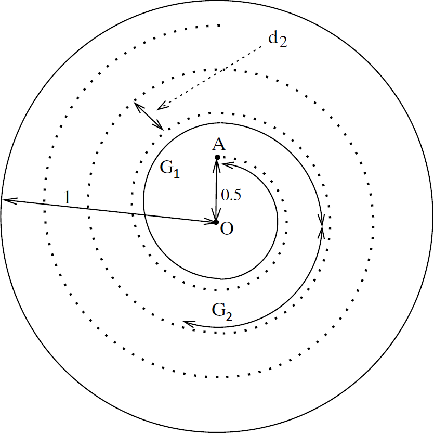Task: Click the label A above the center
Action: pyautogui.click(x=219, y=145)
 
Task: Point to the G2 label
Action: pyautogui.click(x=222, y=311)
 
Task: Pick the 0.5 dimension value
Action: pyautogui.click(x=231, y=195)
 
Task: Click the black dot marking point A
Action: pyautogui.click(x=217, y=157)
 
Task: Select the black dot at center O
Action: pyautogui.click(x=216, y=222)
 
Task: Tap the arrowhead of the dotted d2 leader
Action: pyautogui.click(x=161, y=107)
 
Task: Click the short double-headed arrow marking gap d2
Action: pyautogui.click(x=149, y=116)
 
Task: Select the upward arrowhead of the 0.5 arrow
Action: pyautogui.click(x=217, y=163)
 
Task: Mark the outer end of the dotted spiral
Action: pyautogui.click(x=220, y=25)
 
